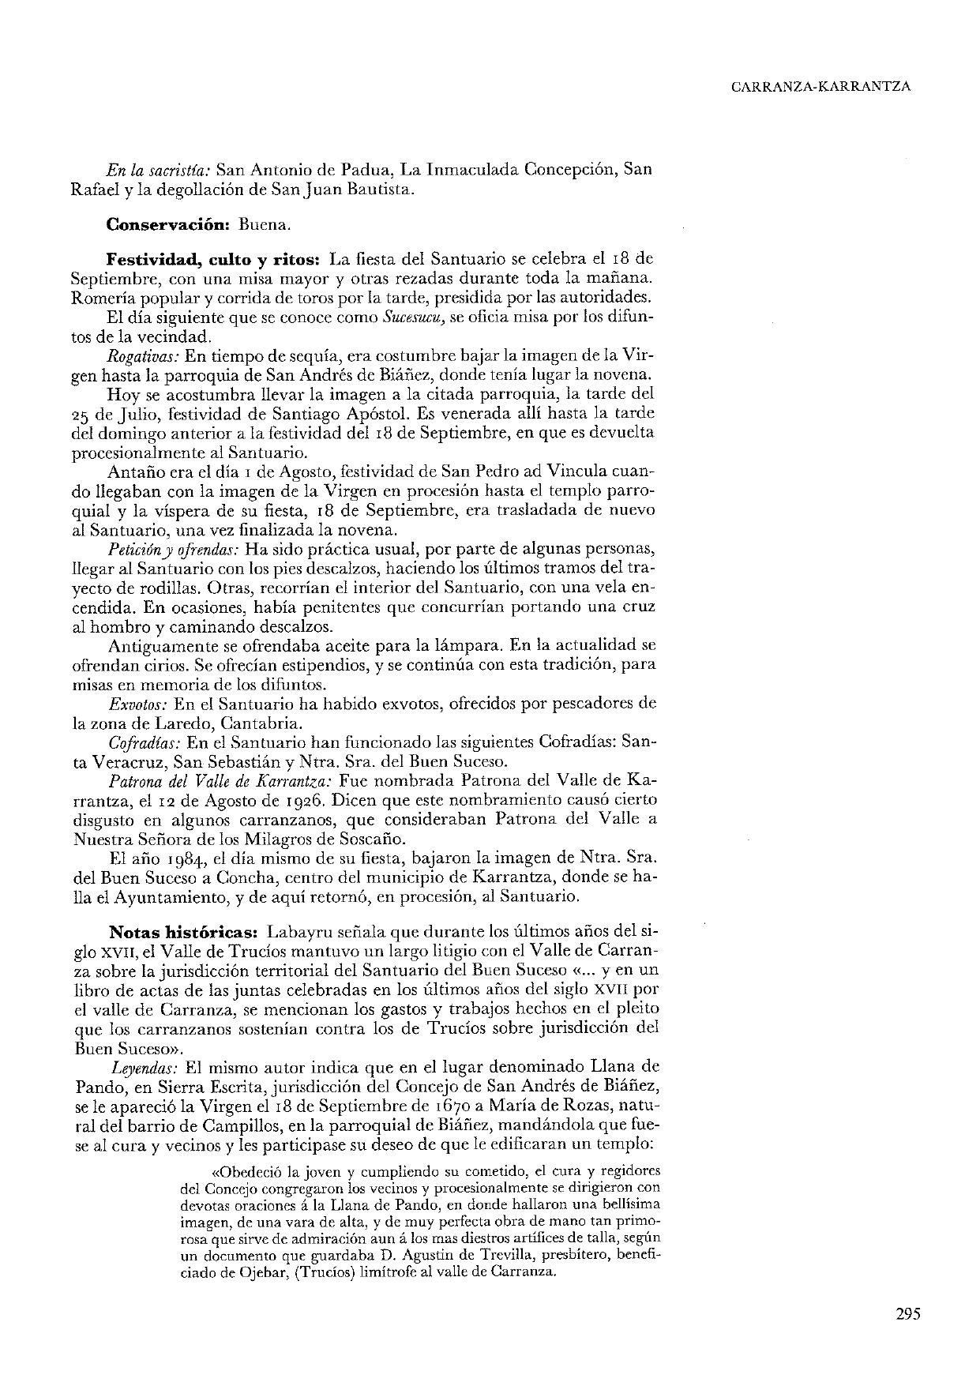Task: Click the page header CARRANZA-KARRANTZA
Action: click(820, 87)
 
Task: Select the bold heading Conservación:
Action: click(167, 224)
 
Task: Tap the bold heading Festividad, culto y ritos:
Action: click(213, 258)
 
